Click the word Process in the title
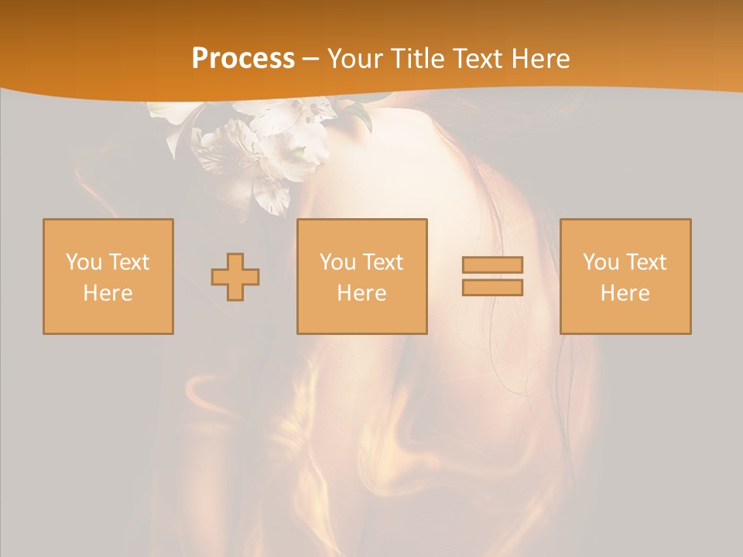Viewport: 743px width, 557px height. [x=243, y=59]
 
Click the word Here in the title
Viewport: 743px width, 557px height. [x=541, y=59]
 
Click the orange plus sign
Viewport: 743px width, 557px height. [x=235, y=277]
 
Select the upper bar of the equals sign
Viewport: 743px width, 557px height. [x=492, y=265]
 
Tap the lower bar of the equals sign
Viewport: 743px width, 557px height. [x=492, y=287]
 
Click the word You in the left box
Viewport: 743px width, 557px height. [x=84, y=262]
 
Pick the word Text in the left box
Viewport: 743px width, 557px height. [x=128, y=262]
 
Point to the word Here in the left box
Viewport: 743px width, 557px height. [x=108, y=293]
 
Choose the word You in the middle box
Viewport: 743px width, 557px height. [x=337, y=262]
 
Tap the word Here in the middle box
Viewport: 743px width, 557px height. [x=361, y=293]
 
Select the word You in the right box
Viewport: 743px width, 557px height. [x=601, y=262]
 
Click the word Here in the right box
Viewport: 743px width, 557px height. [x=625, y=293]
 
